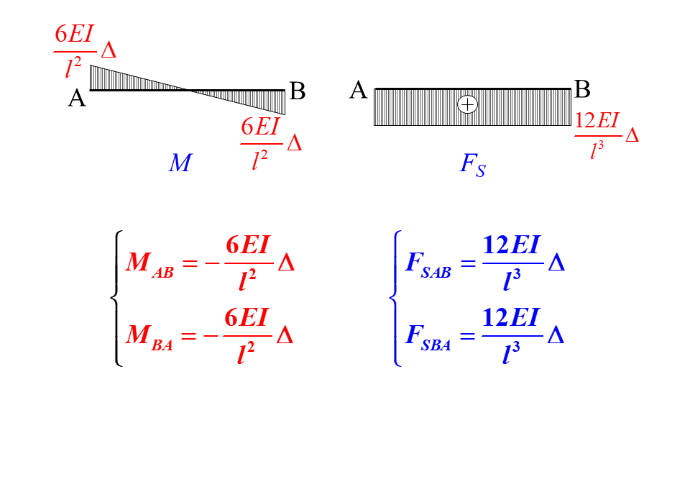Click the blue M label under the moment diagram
tap(180, 163)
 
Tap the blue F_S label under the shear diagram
tap(472, 165)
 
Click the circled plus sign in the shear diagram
tap(468, 105)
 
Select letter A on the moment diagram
tap(77, 98)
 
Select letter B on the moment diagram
tap(297, 91)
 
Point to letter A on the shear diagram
tap(359, 91)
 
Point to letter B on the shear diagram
tap(582, 90)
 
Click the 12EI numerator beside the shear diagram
tap(597, 120)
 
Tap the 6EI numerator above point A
tap(74, 35)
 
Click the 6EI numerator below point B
tap(259, 127)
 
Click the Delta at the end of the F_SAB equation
tap(556, 263)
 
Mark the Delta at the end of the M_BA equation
tap(285, 335)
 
